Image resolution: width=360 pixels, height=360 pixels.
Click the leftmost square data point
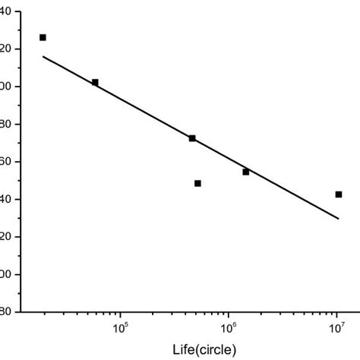point(43,37)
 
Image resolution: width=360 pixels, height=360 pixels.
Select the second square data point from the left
point(95,82)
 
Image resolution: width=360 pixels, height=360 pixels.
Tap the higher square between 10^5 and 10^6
point(192,138)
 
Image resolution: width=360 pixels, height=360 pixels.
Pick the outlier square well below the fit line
point(197,183)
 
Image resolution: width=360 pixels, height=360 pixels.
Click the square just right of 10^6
point(246,172)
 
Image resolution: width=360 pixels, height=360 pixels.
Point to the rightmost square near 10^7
point(338,194)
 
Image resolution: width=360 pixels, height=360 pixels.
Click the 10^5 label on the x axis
point(120,328)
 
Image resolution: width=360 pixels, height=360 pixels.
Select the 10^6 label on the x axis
point(228,328)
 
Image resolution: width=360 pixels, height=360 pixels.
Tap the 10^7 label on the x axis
point(336,328)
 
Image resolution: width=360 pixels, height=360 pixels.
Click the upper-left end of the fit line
point(43,56)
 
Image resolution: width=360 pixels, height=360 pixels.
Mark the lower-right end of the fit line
point(338,219)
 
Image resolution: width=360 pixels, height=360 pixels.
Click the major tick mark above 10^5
point(120,308)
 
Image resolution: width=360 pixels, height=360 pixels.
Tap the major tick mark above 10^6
point(228,308)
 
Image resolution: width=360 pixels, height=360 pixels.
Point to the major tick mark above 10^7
point(336,308)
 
